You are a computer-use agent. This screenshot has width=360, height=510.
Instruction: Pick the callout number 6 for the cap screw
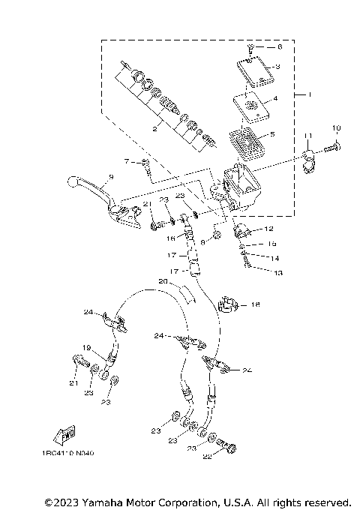[279, 46]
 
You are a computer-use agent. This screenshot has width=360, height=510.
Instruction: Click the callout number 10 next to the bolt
[337, 127]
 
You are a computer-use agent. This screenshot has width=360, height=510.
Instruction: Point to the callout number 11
[307, 134]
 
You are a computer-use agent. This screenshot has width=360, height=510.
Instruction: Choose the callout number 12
[268, 229]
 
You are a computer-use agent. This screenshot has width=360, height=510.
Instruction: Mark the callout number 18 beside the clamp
[256, 305]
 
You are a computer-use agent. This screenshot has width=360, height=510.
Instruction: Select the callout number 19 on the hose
[86, 347]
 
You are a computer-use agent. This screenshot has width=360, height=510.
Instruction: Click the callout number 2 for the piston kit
[154, 129]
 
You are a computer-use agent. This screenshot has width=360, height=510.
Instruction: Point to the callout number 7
[127, 161]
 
